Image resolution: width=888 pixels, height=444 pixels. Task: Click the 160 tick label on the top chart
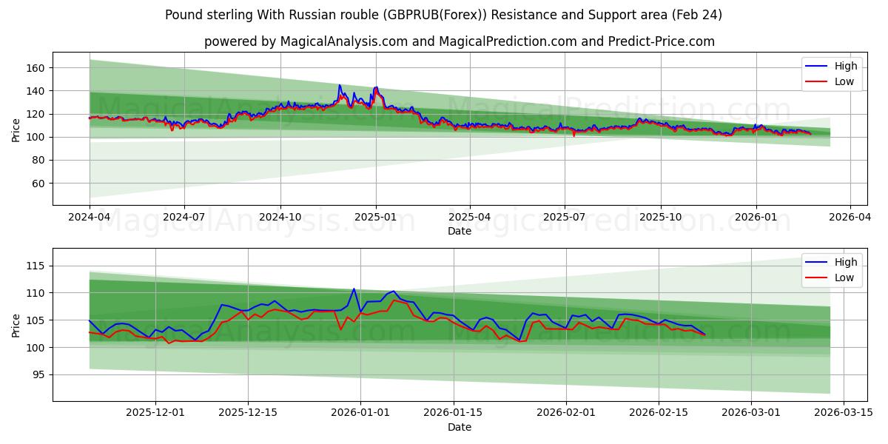(x=36, y=68)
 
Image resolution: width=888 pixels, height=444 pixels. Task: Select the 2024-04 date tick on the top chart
(x=90, y=218)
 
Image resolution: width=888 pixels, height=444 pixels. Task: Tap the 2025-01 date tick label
(x=375, y=218)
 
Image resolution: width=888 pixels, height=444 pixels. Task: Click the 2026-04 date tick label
(x=849, y=218)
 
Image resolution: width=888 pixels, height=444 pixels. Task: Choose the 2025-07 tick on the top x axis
(x=565, y=218)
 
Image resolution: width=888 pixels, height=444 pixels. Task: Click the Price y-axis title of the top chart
(x=16, y=129)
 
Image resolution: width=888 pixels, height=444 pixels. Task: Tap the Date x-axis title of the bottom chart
(x=460, y=427)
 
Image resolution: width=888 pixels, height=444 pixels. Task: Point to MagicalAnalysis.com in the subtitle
(x=343, y=41)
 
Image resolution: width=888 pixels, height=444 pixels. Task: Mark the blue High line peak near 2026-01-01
(x=354, y=289)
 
